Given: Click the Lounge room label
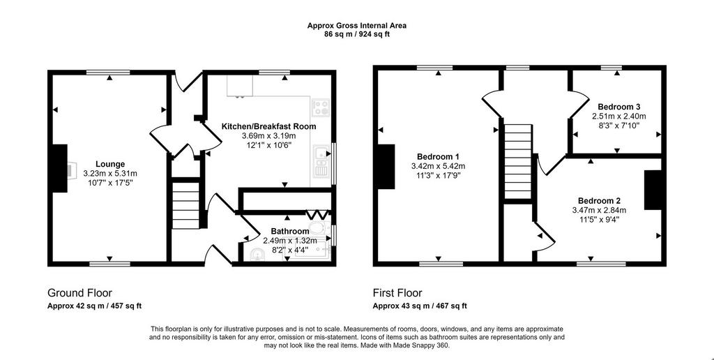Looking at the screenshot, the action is (x=110, y=164).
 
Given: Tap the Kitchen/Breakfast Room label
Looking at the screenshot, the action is (x=268, y=126).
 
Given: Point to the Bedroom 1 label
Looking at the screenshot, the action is (x=438, y=157).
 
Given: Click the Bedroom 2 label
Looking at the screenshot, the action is (x=599, y=201).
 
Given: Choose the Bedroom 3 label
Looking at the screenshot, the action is (x=619, y=107).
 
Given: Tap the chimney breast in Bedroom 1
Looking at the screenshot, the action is (x=386, y=166).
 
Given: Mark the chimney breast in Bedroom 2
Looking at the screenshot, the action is (x=653, y=190).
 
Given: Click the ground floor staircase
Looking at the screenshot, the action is (x=185, y=204).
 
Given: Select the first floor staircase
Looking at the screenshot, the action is (x=518, y=162).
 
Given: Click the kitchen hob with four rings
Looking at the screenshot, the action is (x=320, y=107).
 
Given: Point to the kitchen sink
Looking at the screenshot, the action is (x=321, y=161).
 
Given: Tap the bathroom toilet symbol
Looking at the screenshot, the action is (x=318, y=228).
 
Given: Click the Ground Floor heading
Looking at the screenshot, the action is (x=79, y=292).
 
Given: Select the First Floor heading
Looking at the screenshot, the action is (x=397, y=292).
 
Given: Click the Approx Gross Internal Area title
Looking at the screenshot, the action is (x=357, y=26).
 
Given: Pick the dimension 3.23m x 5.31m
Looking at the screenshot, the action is (x=110, y=173).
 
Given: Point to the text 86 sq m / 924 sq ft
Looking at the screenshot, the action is (x=357, y=33).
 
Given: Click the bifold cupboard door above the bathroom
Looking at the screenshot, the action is (x=317, y=213).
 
